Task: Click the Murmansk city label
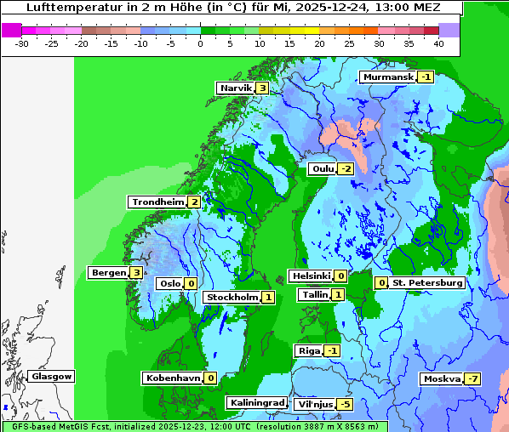point(388,77)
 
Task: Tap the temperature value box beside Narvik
point(263,88)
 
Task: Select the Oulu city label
point(323,169)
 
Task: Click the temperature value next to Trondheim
point(195,202)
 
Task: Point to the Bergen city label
point(108,273)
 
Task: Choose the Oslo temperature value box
point(191,284)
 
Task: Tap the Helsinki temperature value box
point(340,276)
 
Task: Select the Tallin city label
point(314,295)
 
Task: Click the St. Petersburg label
point(427,283)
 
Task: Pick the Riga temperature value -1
point(332,351)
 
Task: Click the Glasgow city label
point(52,377)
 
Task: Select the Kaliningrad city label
point(256,402)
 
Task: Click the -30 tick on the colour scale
point(22,43)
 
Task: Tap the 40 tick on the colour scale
point(438,43)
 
